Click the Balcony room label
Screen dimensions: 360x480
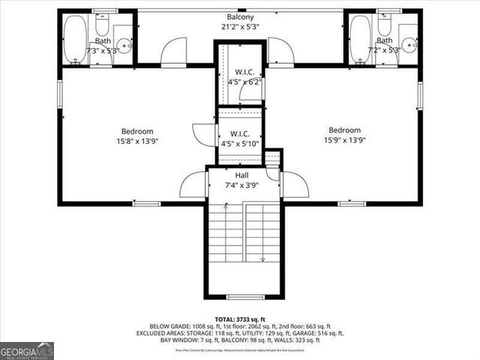pyautogui.click(x=240, y=16)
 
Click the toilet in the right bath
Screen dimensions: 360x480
pyautogui.click(x=385, y=25)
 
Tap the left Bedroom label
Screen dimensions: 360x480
pyautogui.click(x=137, y=130)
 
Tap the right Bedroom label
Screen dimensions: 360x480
pyautogui.click(x=343, y=130)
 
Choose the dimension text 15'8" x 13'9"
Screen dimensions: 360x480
pyautogui.click(x=137, y=141)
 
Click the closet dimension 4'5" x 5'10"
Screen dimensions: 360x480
pyautogui.click(x=241, y=144)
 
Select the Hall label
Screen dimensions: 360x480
pyautogui.click(x=241, y=175)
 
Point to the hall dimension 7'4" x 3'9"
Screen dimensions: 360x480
pyautogui.click(x=241, y=185)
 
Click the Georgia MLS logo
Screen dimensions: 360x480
pyautogui.click(x=27, y=350)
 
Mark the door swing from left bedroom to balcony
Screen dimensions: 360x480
pyautogui.click(x=174, y=52)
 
